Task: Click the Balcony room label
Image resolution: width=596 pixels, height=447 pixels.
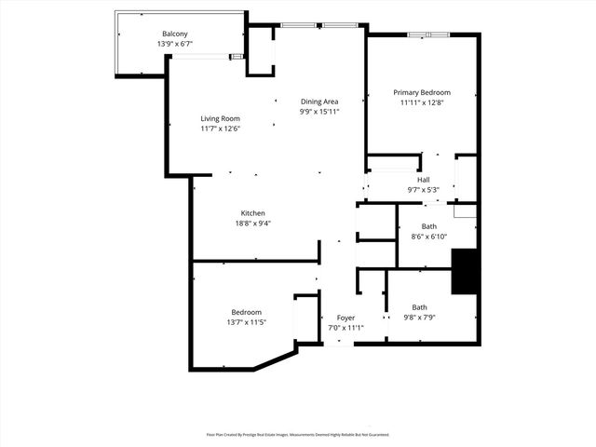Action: pyautogui.click(x=174, y=34)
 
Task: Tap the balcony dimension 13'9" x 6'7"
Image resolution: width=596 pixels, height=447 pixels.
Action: pyautogui.click(x=174, y=44)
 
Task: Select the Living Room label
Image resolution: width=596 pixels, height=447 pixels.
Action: pyautogui.click(x=221, y=118)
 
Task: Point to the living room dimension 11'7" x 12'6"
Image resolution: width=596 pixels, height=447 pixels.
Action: pyautogui.click(x=221, y=129)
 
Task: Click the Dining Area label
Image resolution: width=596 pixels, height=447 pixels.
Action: pyautogui.click(x=318, y=101)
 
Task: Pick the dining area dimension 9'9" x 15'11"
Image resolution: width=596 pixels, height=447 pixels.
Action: pyautogui.click(x=318, y=111)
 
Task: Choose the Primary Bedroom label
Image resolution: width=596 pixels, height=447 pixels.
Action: pyautogui.click(x=421, y=92)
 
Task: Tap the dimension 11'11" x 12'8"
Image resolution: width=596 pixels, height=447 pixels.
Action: pyautogui.click(x=421, y=102)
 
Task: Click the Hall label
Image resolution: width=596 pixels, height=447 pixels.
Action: pyautogui.click(x=423, y=180)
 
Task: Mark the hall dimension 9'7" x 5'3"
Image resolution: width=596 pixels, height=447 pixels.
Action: pyautogui.click(x=423, y=190)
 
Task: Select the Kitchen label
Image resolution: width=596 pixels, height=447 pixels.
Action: pyautogui.click(x=253, y=213)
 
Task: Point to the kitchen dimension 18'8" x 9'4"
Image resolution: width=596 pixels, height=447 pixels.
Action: pyautogui.click(x=253, y=223)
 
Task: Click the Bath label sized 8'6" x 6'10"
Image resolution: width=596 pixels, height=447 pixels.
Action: pyautogui.click(x=428, y=226)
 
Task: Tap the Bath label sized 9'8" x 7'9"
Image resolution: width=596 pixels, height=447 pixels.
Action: pyautogui.click(x=419, y=307)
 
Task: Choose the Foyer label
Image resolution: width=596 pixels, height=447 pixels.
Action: pyautogui.click(x=345, y=318)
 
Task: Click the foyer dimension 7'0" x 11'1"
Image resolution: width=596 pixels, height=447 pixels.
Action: pyautogui.click(x=345, y=328)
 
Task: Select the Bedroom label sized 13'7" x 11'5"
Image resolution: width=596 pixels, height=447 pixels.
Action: pyautogui.click(x=246, y=312)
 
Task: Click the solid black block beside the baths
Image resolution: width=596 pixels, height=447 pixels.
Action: pyautogui.click(x=465, y=271)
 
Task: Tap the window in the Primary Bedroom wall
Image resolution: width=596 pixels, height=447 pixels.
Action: pyautogui.click(x=428, y=34)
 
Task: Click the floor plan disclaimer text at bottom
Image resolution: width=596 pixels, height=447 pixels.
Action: pyautogui.click(x=297, y=434)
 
